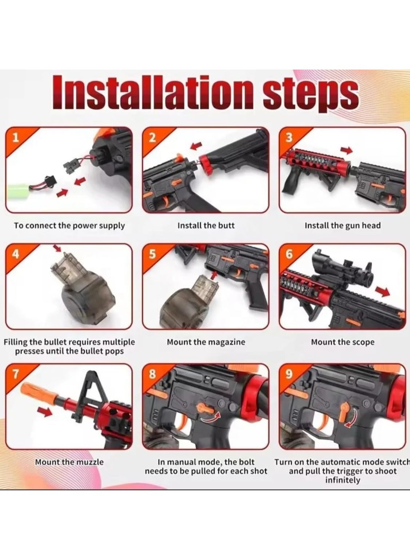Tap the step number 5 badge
click(x=153, y=254)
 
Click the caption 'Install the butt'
click(x=206, y=226)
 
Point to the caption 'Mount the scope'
click(x=343, y=342)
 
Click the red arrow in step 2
click(x=196, y=146)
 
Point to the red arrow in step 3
click(x=346, y=150)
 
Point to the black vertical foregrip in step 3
click(x=290, y=181)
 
